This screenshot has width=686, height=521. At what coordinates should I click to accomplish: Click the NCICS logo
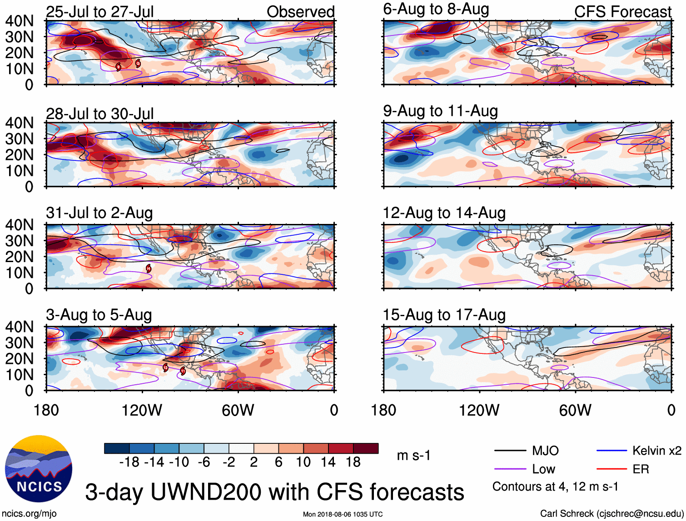(x=39, y=469)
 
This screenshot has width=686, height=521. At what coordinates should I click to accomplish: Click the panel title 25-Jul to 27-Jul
(x=100, y=12)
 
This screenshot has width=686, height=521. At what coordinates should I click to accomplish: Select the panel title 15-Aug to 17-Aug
(x=444, y=315)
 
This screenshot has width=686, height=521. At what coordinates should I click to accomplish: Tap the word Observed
(x=300, y=12)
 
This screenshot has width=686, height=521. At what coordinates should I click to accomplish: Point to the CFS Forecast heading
(x=622, y=12)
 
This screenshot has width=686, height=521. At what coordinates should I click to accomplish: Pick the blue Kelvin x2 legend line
(x=611, y=451)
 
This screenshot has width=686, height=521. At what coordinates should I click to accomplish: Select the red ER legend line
(x=611, y=469)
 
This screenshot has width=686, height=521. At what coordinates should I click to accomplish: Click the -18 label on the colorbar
(x=129, y=462)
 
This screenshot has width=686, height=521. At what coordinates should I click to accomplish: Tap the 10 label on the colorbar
(x=303, y=462)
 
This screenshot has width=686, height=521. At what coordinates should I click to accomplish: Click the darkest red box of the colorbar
(x=366, y=448)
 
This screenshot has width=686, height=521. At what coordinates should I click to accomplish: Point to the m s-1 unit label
(x=413, y=456)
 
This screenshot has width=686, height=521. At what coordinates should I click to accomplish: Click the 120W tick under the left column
(x=142, y=411)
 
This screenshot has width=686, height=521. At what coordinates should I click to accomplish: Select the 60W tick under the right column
(x=575, y=411)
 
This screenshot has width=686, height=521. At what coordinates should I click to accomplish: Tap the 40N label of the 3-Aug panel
(x=20, y=327)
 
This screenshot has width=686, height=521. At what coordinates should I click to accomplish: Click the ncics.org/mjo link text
(x=30, y=514)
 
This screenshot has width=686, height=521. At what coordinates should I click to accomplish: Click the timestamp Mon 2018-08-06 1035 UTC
(x=343, y=515)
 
